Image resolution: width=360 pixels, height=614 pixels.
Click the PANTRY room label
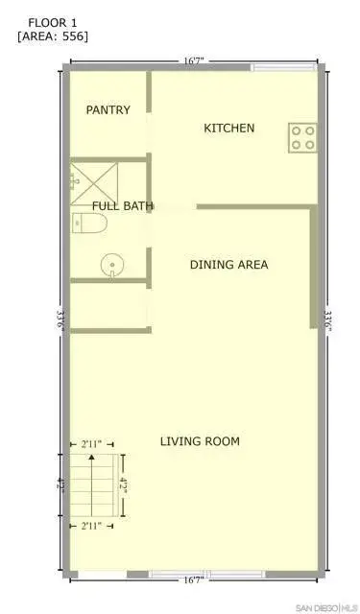[x=108, y=110]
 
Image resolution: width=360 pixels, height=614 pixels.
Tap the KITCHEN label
[x=229, y=128]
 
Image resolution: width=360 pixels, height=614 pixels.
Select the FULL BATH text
[x=123, y=206]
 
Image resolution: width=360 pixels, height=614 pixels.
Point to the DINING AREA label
[x=229, y=265]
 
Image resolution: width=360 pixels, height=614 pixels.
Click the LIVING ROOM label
[x=200, y=441]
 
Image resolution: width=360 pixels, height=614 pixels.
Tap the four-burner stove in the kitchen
[x=302, y=138]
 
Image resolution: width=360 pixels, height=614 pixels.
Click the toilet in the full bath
[x=89, y=224]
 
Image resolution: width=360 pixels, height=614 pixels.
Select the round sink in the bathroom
[x=112, y=266]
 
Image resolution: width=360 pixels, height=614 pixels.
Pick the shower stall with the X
[x=94, y=184]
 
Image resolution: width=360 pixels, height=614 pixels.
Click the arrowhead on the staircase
[x=91, y=457]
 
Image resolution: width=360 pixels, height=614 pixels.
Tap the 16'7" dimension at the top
[x=194, y=61]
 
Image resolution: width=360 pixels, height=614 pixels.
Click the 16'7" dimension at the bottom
[x=194, y=580]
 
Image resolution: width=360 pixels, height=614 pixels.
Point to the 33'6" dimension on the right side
[x=327, y=320]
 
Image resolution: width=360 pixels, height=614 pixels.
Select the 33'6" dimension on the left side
[x=60, y=320]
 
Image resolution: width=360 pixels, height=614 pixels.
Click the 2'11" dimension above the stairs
[x=91, y=444]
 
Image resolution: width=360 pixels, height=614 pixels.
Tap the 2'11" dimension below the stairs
[x=91, y=526]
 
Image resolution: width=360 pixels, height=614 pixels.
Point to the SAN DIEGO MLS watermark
[x=327, y=607]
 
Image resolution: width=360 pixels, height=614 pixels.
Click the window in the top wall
[x=283, y=67]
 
